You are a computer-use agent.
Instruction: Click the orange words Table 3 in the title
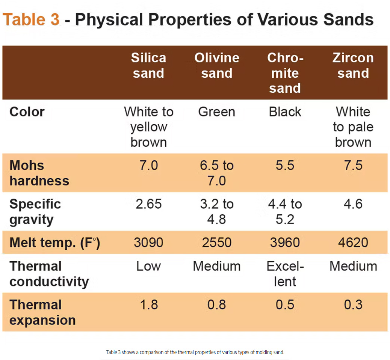point(31,20)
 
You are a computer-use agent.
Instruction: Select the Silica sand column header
point(148,65)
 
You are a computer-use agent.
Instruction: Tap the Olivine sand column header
point(217,65)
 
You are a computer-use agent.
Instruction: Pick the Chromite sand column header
point(285,73)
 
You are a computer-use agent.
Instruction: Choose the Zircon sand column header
point(353,65)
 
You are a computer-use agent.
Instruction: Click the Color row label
point(27,112)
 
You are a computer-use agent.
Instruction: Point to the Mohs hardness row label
point(39,173)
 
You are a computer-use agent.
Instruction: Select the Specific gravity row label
point(35,212)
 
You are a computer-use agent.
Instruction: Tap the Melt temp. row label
point(55,243)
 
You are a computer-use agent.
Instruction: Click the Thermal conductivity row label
point(49,274)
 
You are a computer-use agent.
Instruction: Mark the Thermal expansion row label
point(42,313)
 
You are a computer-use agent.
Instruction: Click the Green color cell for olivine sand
point(217,112)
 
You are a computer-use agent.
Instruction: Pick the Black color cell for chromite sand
point(285,112)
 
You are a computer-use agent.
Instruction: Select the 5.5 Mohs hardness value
point(285,166)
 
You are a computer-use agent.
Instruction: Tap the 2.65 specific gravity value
point(148,204)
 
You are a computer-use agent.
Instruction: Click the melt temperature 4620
point(353,243)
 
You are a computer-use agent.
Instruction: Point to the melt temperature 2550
point(217,243)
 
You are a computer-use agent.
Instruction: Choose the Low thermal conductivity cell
point(148,266)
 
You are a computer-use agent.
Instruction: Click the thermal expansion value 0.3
point(353,305)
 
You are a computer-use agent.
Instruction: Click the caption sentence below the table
point(195,352)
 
